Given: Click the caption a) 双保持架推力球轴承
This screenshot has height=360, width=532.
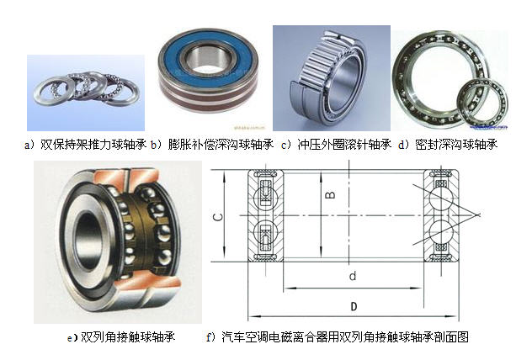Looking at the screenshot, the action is click(x=85, y=145).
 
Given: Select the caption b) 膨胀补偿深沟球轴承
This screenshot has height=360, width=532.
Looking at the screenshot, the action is click(x=212, y=145).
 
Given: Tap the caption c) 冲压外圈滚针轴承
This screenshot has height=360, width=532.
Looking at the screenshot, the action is click(x=336, y=145).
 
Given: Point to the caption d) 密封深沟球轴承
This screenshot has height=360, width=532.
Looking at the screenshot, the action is click(x=448, y=145).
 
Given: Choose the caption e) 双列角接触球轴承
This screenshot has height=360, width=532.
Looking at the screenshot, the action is click(x=121, y=337).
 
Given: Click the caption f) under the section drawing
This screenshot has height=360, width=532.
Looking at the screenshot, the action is click(x=338, y=337).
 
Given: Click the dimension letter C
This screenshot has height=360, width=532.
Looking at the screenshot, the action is click(x=219, y=217).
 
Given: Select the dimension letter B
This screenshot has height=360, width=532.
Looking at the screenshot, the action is click(x=330, y=195).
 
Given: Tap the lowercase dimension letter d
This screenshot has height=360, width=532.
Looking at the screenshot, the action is click(x=353, y=276).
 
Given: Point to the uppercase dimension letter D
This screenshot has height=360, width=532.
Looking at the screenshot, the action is click(x=354, y=307).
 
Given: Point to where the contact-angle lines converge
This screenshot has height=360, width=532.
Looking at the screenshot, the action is click(x=478, y=214).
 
